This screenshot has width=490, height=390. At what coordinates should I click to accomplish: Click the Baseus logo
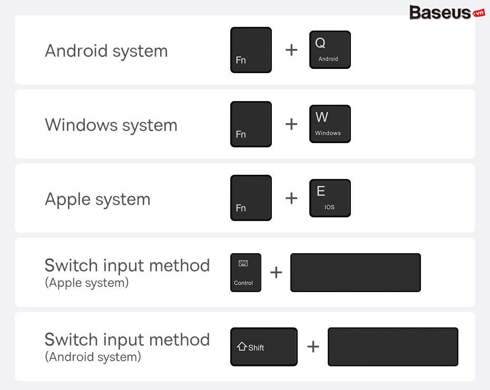coord(447,13)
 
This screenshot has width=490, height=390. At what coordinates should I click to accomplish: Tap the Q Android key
coord(330,49)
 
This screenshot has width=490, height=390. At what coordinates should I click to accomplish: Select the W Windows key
coord(330,124)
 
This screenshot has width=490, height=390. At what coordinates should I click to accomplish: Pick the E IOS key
coord(330,198)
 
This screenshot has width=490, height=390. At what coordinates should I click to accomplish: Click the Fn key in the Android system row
coord(251,50)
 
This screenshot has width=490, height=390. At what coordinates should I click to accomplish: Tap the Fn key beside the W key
coord(251,124)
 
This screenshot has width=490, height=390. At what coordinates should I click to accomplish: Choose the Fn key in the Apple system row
coord(251,198)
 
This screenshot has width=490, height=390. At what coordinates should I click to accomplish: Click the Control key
coord(246,273)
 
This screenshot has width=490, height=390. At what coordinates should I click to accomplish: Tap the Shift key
coord(264,347)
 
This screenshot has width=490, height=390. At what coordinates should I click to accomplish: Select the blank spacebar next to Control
coord(356,273)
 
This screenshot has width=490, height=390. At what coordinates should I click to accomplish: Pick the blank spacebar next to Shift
coord(393,347)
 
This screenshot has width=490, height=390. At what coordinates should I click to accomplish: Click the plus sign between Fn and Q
coord(291,50)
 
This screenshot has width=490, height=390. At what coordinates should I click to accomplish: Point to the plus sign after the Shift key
coord(313,347)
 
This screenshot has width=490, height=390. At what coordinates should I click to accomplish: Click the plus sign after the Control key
coord(276,272)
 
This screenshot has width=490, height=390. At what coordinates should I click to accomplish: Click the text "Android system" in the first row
coord(106,51)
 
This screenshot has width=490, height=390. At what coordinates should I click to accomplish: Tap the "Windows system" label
coord(111,125)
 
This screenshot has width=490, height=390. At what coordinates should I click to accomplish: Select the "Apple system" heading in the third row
coord(98,200)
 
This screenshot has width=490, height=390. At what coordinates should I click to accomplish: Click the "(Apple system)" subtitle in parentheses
coord(87,283)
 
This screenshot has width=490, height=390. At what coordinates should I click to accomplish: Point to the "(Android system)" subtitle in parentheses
coord(93,357)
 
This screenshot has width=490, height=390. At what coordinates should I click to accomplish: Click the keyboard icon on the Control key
coord(243,263)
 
